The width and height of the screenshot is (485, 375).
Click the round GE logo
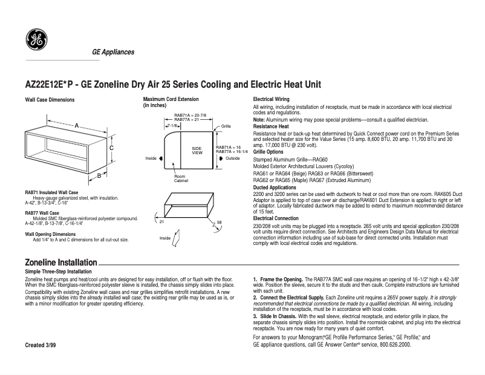pos(36,41)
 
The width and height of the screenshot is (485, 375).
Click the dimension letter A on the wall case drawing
pos(77,124)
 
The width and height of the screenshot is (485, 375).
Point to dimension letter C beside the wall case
pos(112,148)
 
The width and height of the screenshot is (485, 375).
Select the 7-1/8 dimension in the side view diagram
pos(172,125)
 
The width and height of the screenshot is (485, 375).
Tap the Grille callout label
pos(226,126)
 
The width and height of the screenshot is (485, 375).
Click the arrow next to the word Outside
pos(221,158)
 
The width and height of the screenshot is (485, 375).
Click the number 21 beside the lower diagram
pos(162,223)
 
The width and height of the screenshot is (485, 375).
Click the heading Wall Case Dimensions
pos(50,99)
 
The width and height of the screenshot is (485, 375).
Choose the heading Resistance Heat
pos(271,126)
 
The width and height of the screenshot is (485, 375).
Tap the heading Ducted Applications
pos(275,187)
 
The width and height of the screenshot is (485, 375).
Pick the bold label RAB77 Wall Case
pos(42,213)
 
